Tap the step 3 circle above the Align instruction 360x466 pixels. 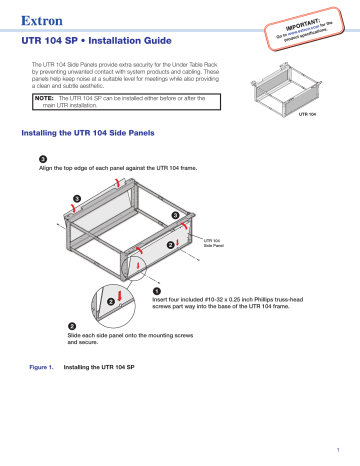tap(42, 159)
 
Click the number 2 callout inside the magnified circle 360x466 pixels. tap(98, 302)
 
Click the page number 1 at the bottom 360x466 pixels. tap(340, 447)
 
